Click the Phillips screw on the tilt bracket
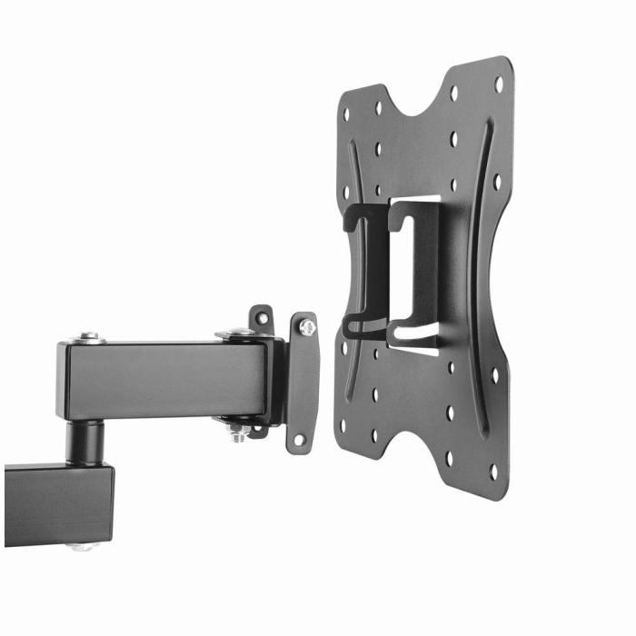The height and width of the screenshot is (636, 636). point(308,327)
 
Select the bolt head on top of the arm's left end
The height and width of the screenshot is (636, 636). point(89,338)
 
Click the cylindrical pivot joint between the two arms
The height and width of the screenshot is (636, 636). point(89,442)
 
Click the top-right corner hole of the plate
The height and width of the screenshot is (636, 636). point(498,84)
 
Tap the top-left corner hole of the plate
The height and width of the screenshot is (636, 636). point(346,113)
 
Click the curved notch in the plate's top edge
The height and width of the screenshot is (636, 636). point(419,104)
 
